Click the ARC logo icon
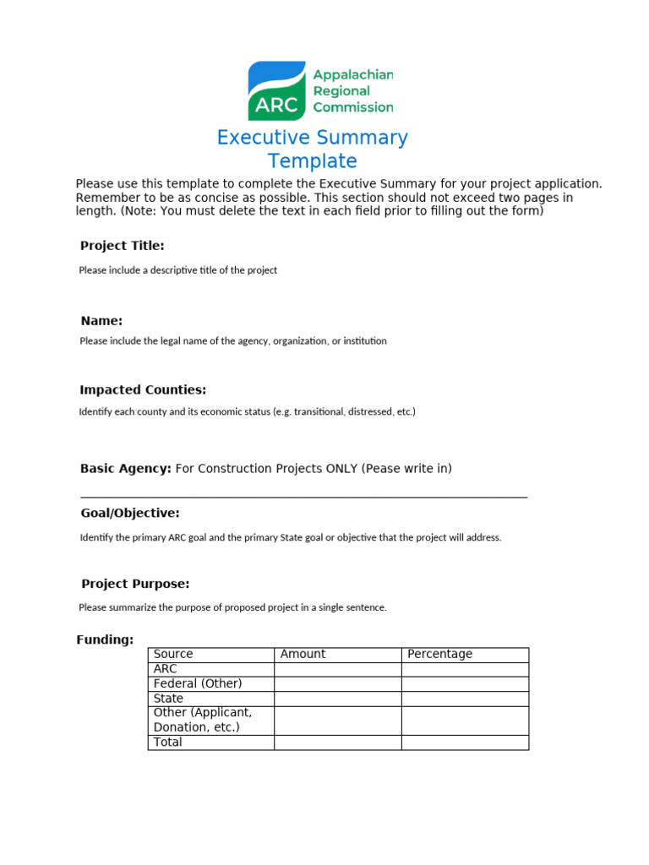(x=276, y=90)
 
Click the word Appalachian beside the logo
(x=352, y=75)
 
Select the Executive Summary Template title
(x=312, y=149)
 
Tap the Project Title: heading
(x=122, y=246)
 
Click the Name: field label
(x=101, y=321)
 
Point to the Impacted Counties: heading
(x=143, y=390)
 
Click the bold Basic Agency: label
(x=125, y=469)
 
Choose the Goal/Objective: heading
(x=130, y=514)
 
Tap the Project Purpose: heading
(x=135, y=584)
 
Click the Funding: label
(x=105, y=640)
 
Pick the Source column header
(x=173, y=654)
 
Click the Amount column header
(x=303, y=654)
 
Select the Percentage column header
(x=439, y=654)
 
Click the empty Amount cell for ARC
(x=337, y=669)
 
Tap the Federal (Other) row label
(x=198, y=683)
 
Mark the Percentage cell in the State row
(x=465, y=699)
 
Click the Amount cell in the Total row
(x=337, y=743)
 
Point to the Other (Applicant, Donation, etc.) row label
(x=203, y=720)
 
